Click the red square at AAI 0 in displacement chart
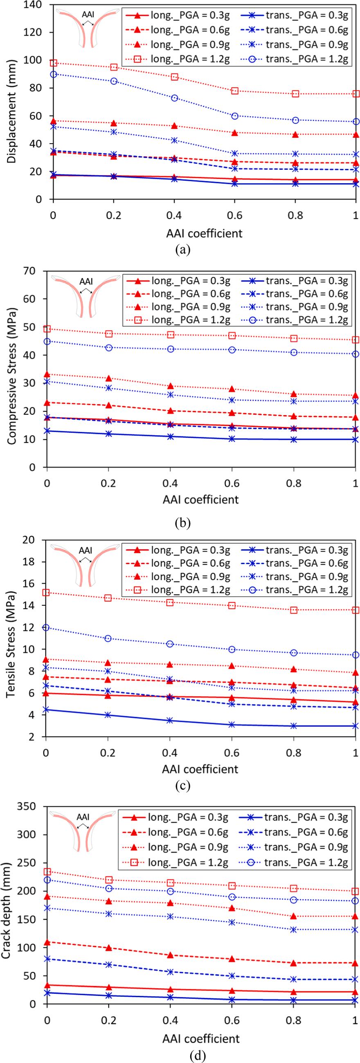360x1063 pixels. (x=53, y=63)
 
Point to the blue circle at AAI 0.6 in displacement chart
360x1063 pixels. (x=235, y=116)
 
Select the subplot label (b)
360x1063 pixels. (x=182, y=523)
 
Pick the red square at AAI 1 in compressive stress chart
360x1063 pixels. (x=355, y=339)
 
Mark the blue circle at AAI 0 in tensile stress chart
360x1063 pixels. (x=46, y=628)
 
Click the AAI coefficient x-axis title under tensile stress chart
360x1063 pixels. (x=200, y=769)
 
